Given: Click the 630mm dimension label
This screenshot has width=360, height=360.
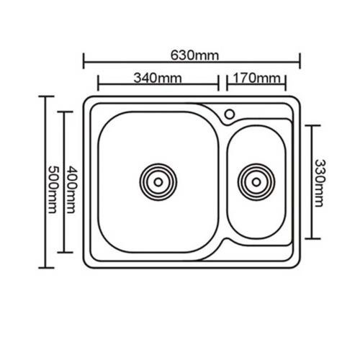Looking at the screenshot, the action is pyautogui.click(x=194, y=55).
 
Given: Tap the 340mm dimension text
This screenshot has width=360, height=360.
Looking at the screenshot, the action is pyautogui.click(x=158, y=78).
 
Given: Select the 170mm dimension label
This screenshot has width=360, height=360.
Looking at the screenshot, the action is pyautogui.click(x=256, y=78).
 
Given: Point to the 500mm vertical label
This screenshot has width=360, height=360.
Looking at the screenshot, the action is pyautogui.click(x=53, y=189).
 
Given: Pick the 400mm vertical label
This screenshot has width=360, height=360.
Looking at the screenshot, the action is pyautogui.click(x=71, y=189).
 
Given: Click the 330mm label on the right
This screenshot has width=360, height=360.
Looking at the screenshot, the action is pyautogui.click(x=320, y=183).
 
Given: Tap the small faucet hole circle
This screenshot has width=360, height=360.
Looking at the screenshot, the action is pyautogui.click(x=230, y=114).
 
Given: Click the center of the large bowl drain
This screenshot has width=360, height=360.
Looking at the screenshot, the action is pyautogui.click(x=158, y=182).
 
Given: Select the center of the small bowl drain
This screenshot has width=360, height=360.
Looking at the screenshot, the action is pyautogui.click(x=256, y=182).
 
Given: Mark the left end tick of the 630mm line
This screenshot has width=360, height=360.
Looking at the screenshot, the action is pyautogui.click(x=84, y=61).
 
